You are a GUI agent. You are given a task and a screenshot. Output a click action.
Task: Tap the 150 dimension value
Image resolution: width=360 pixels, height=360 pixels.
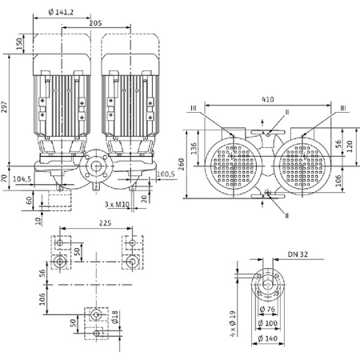click(20, 44)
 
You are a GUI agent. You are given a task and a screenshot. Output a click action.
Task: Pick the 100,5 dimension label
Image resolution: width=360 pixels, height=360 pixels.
click(166, 174)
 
